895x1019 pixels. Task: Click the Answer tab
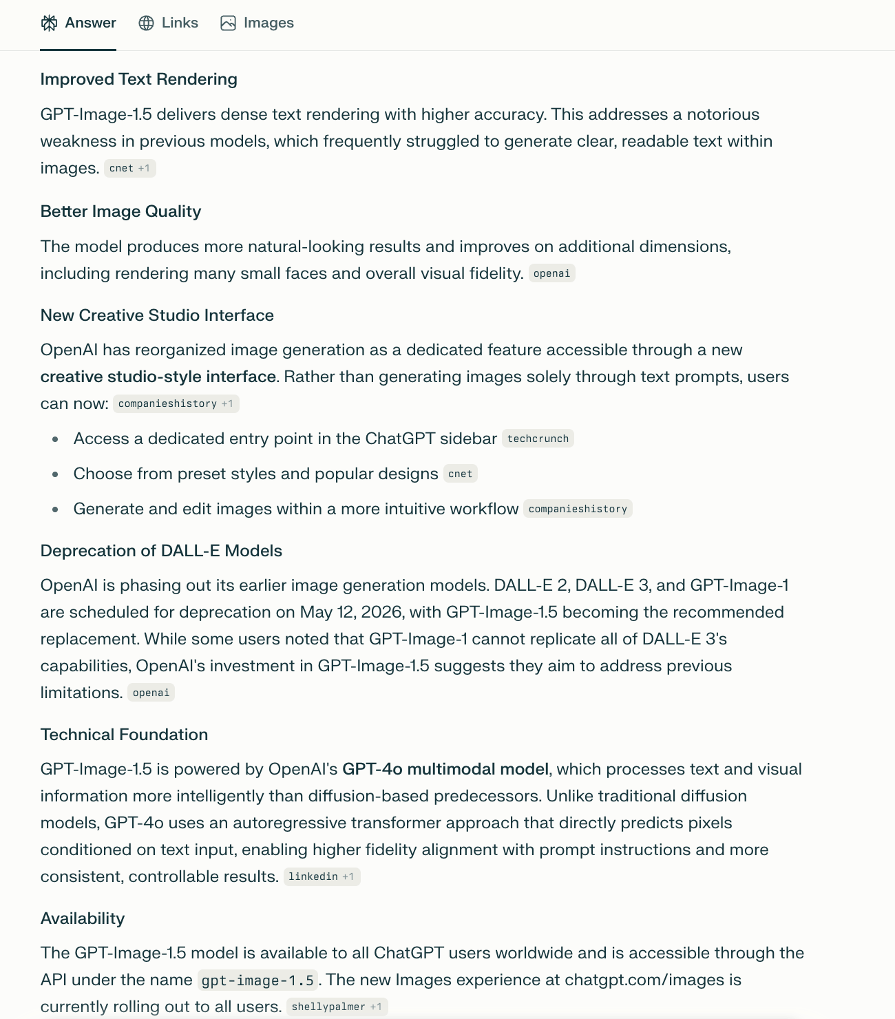pyautogui.click(x=78, y=23)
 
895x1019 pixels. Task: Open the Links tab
pyautogui.click(x=169, y=23)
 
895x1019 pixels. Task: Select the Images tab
pyautogui.click(x=257, y=23)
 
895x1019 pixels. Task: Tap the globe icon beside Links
pyautogui.click(x=146, y=23)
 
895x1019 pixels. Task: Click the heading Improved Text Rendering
pyautogui.click(x=138, y=79)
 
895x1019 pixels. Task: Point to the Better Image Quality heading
pyautogui.click(x=120, y=211)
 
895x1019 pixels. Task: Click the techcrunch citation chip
pyautogui.click(x=538, y=439)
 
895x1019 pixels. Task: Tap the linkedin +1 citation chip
pyautogui.click(x=322, y=876)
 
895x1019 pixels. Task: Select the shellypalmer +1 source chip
pyautogui.click(x=337, y=1007)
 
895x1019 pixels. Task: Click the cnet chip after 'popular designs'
pyautogui.click(x=460, y=474)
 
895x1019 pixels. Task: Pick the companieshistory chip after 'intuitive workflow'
pyautogui.click(x=578, y=509)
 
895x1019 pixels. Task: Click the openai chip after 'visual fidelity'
pyautogui.click(x=551, y=273)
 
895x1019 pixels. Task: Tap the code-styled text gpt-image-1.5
pyautogui.click(x=257, y=980)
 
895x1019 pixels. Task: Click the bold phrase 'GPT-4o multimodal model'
pyautogui.click(x=445, y=769)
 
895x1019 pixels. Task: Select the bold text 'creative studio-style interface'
pyautogui.click(x=158, y=377)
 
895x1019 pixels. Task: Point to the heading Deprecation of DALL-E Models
pyautogui.click(x=161, y=551)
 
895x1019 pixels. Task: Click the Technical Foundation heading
pyautogui.click(x=124, y=735)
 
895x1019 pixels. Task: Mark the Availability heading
pyautogui.click(x=83, y=918)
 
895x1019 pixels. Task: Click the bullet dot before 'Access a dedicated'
pyautogui.click(x=55, y=439)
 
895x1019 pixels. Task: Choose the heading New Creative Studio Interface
pyautogui.click(x=157, y=315)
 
